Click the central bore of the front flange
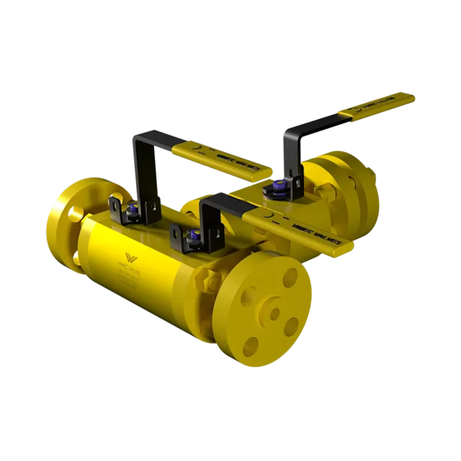[274, 315]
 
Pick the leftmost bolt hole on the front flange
[244, 302]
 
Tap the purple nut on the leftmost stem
[133, 212]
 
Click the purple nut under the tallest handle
[277, 189]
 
